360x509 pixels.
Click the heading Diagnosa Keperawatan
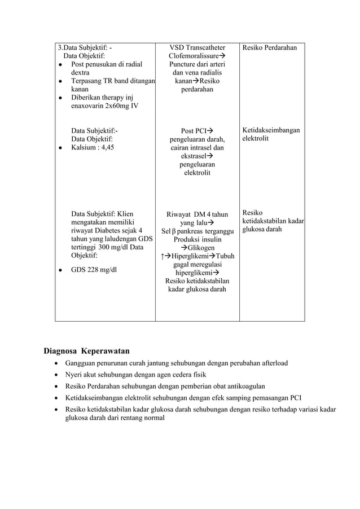[x=87, y=350]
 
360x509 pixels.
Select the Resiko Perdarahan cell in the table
[x=269, y=48]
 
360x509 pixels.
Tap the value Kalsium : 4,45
[x=92, y=147]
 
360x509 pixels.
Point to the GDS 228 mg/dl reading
[x=94, y=270]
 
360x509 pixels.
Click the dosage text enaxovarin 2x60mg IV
[x=104, y=106]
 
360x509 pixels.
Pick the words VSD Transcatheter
[x=197, y=48]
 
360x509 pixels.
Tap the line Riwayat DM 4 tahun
[x=196, y=214]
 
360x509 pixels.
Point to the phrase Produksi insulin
[x=197, y=239]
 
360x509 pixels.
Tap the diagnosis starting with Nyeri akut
[x=135, y=374]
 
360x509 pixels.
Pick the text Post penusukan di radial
[x=106, y=64]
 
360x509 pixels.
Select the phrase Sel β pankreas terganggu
[x=197, y=231]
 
